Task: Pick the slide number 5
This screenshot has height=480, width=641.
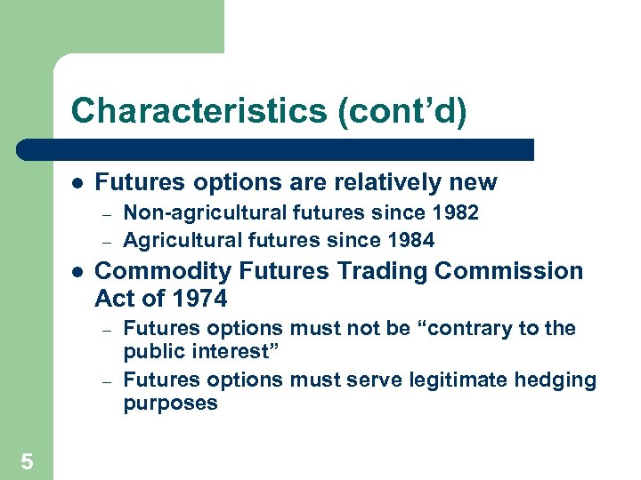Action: click(27, 460)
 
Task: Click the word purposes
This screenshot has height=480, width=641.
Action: click(170, 404)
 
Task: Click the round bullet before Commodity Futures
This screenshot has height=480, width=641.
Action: click(77, 271)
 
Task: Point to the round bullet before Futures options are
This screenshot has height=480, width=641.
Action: click(77, 183)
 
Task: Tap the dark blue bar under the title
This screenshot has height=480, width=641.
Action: click(276, 149)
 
